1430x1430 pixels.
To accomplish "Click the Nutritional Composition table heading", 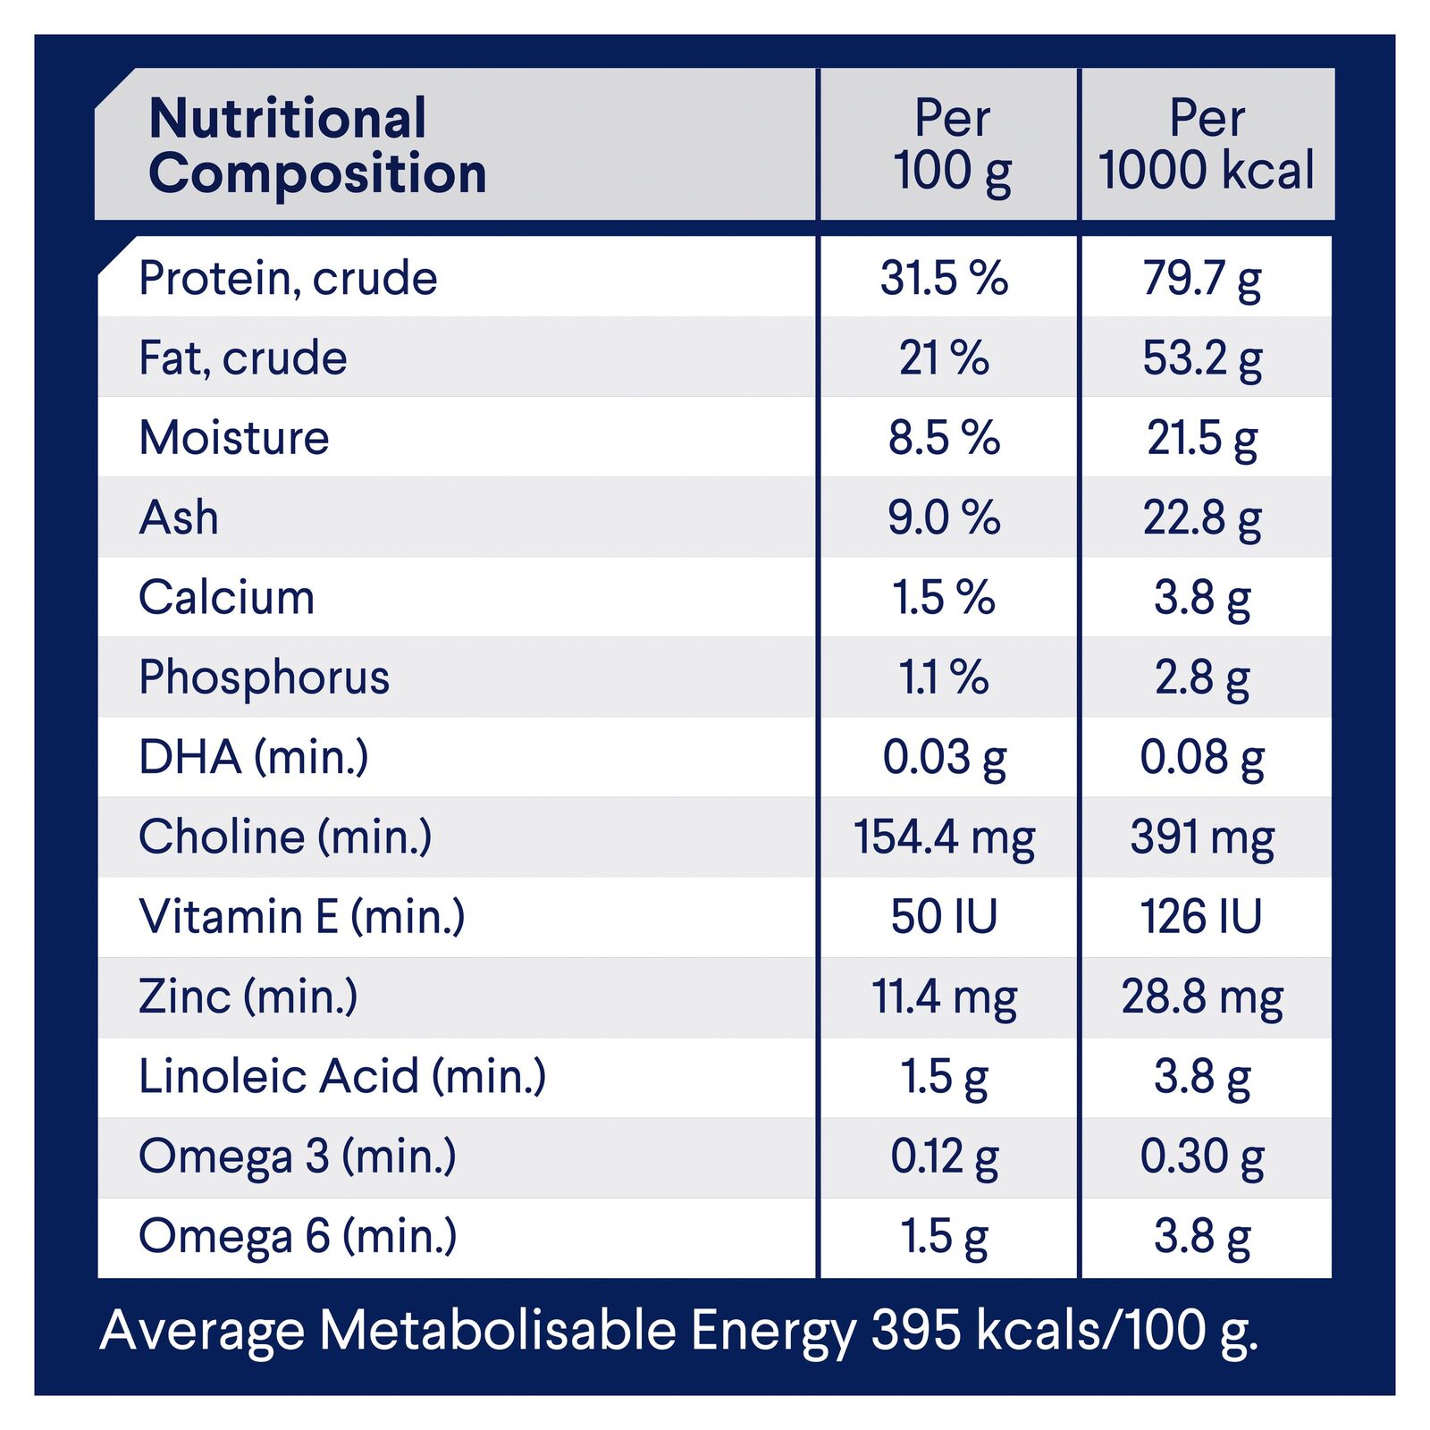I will click(x=317, y=145).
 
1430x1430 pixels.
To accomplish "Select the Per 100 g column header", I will click(x=952, y=145).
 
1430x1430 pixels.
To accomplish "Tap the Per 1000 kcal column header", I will click(x=1207, y=145).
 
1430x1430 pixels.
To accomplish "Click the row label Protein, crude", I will click(x=288, y=278).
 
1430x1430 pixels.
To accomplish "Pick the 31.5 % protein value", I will click(x=944, y=278).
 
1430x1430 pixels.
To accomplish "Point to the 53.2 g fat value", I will click(x=1202, y=358).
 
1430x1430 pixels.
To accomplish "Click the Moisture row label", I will click(x=234, y=438).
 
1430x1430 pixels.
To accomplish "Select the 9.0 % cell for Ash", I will click(x=944, y=517).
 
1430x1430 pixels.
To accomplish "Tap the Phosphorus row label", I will click(x=264, y=677).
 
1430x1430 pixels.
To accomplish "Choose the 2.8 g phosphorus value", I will click(x=1202, y=677).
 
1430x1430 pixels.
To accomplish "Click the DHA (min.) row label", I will click(x=253, y=757).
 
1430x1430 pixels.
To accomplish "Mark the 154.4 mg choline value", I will click(x=944, y=837).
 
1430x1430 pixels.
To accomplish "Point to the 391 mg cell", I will click(x=1202, y=837).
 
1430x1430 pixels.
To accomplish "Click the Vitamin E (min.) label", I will click(x=301, y=917).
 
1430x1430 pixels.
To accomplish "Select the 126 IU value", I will click(x=1201, y=917).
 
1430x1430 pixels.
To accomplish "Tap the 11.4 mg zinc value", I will click(x=944, y=997).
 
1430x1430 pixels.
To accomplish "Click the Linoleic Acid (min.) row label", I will click(x=341, y=1076).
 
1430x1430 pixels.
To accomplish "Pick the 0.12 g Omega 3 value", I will click(x=944, y=1157).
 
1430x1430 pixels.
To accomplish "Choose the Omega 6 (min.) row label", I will click(x=297, y=1236).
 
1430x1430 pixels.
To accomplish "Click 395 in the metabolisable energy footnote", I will click(x=916, y=1330).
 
